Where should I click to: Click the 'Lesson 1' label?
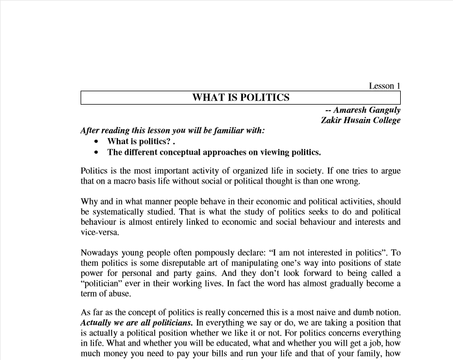tap(385, 86)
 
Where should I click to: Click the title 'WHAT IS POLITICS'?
tap(241, 97)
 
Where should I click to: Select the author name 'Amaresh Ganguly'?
tap(367, 110)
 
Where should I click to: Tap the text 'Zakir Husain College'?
tap(360, 120)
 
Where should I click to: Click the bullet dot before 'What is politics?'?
tap(97, 141)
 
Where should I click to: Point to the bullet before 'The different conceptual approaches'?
tap(97, 152)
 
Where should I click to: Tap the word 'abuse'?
tap(121, 293)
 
